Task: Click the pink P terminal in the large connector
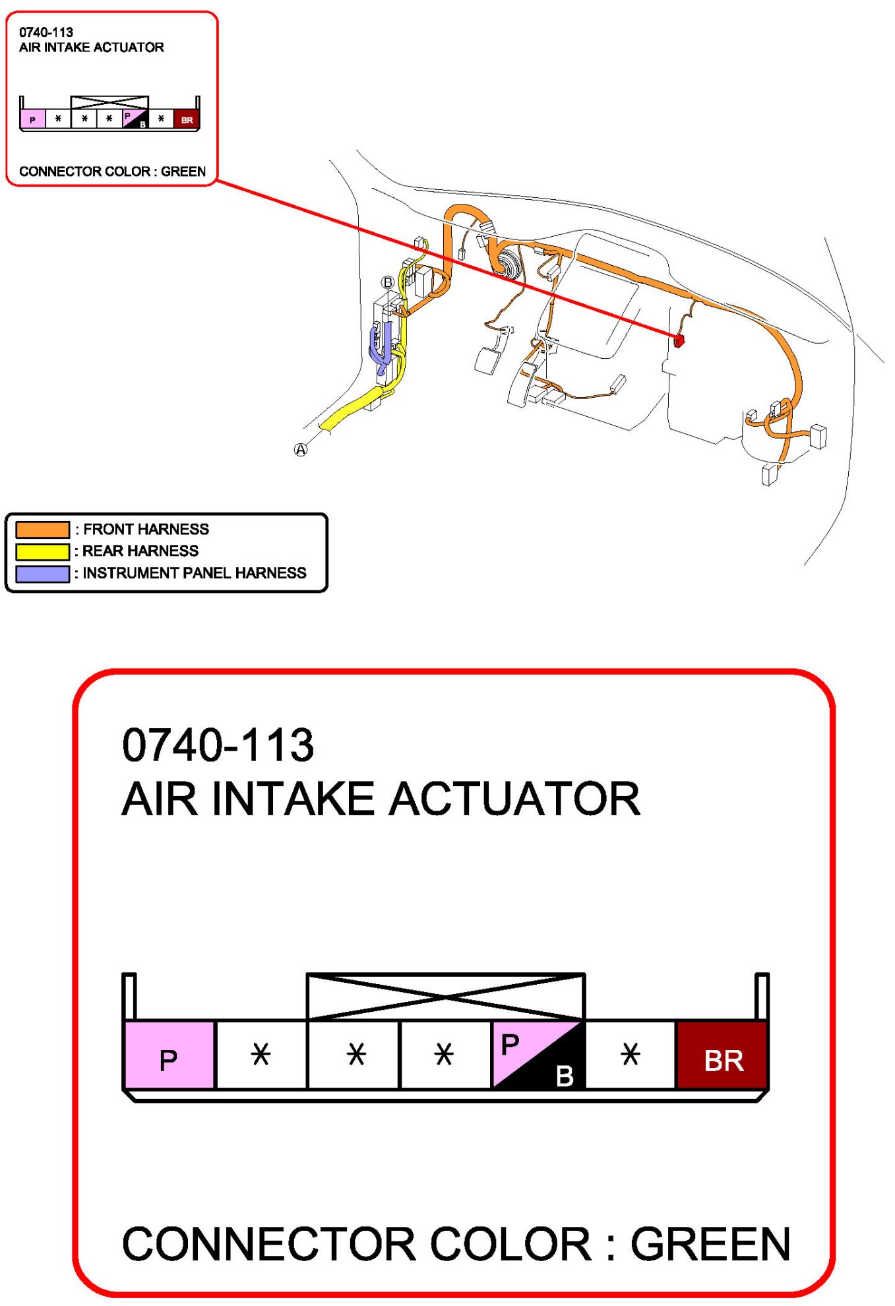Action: (169, 1055)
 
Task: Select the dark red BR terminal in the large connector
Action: (722, 1055)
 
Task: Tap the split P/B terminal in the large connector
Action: (538, 1055)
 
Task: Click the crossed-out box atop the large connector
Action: (445, 996)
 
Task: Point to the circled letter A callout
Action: (301, 450)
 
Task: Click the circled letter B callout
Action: (388, 282)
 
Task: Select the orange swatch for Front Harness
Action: (43, 530)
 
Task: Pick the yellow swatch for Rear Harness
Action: (43, 551)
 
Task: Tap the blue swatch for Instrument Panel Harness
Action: (43, 574)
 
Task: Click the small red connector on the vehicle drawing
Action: (679, 340)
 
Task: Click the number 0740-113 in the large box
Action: (218, 745)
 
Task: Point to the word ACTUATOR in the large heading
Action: (514, 799)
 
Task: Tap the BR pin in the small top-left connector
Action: (187, 119)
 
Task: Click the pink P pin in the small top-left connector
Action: (32, 119)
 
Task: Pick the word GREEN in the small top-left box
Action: (183, 171)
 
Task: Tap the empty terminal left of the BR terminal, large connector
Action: (631, 1055)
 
